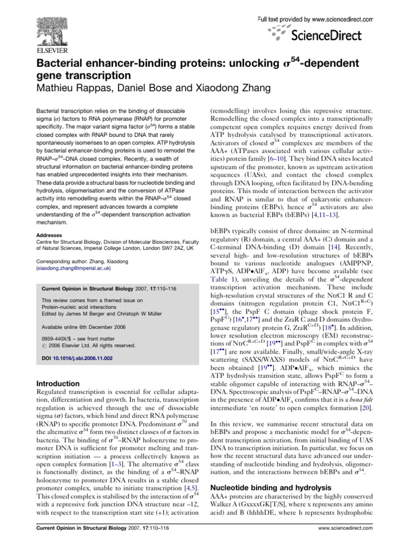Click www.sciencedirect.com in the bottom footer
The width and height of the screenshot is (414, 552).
tap(346, 543)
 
